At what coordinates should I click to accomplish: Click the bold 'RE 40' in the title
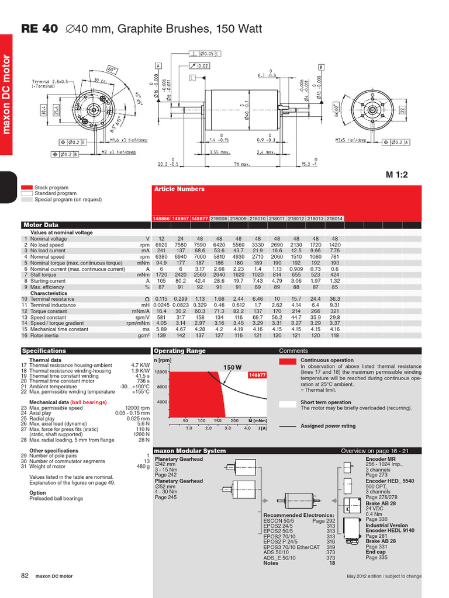click(x=39, y=29)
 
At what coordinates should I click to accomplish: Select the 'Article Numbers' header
click(x=179, y=189)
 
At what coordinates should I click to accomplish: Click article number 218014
click(x=334, y=218)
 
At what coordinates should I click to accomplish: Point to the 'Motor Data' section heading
click(x=40, y=225)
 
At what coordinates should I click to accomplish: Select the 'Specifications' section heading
click(x=44, y=351)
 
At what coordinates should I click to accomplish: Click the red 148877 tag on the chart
click(x=258, y=374)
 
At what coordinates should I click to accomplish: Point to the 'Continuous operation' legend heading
click(x=327, y=360)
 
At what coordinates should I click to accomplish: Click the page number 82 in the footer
click(x=25, y=575)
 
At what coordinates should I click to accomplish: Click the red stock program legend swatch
click(x=27, y=187)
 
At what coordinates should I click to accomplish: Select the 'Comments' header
click(x=293, y=351)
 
